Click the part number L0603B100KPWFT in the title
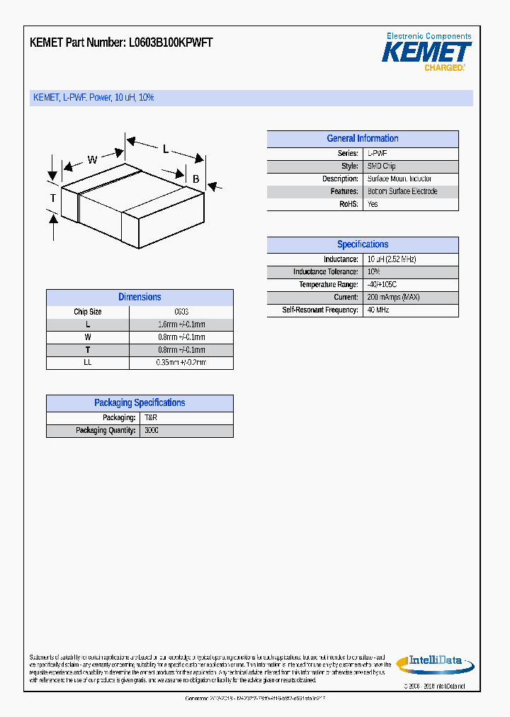pos(171,43)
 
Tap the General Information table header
pos(362,139)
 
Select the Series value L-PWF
pos(377,154)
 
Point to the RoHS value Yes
pos(373,204)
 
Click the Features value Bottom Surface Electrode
pos(402,191)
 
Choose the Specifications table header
pos(362,244)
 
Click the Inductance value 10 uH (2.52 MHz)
pos(391,259)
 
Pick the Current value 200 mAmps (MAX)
pos(393,298)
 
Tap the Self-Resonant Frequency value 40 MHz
pos(378,310)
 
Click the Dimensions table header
pos(140,298)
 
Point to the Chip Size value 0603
pos(181,312)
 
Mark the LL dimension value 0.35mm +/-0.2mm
pos(181,363)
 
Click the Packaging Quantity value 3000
pos(152,431)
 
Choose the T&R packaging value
pos(149,418)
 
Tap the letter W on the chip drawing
pos(93,159)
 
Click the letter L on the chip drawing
pos(166,149)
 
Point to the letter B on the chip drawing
pos(196,179)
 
